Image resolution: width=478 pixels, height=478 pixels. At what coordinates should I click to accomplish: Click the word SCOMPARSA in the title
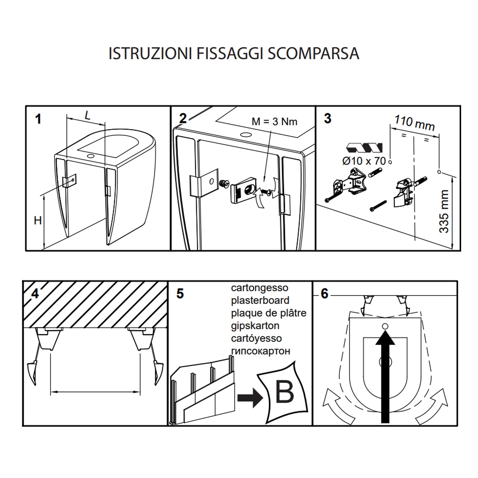[x=313, y=53]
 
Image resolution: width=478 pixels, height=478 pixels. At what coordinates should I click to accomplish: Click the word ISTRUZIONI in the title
[x=150, y=53]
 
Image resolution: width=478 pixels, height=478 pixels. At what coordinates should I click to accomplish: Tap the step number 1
[x=38, y=119]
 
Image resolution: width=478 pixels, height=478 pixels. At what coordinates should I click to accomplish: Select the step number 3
[x=327, y=119]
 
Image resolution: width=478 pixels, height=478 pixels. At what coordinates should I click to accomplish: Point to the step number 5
[x=180, y=293]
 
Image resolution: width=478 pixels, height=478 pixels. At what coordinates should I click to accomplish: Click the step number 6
[x=324, y=293]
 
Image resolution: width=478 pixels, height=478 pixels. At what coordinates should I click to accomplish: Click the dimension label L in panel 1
[x=87, y=115]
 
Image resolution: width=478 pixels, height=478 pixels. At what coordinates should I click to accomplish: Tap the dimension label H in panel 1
[x=38, y=221]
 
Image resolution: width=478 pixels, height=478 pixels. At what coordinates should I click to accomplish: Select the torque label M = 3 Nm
[x=274, y=122]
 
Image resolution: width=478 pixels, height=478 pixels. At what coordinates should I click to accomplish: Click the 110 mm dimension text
[x=415, y=123]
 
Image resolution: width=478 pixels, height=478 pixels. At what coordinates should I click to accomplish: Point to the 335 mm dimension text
[x=444, y=211]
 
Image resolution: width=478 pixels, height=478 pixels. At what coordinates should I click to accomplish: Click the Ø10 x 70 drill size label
[x=364, y=161]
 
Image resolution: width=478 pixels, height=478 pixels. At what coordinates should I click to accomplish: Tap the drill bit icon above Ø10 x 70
[x=364, y=148]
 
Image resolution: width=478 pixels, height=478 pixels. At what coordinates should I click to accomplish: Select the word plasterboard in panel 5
[x=260, y=301]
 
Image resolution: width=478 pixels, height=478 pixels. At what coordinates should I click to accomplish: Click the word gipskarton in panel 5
[x=255, y=326]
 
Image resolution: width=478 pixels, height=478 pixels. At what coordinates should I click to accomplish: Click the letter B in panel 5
[x=284, y=392]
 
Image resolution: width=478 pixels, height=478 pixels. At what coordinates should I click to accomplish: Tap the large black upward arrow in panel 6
[x=385, y=376]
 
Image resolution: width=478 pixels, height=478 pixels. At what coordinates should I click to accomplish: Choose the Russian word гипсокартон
[x=260, y=351]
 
